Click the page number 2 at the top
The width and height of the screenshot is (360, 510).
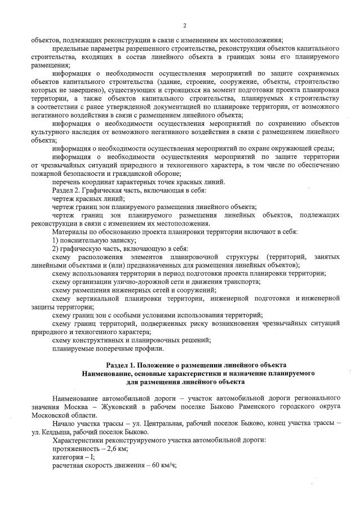(184, 25)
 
